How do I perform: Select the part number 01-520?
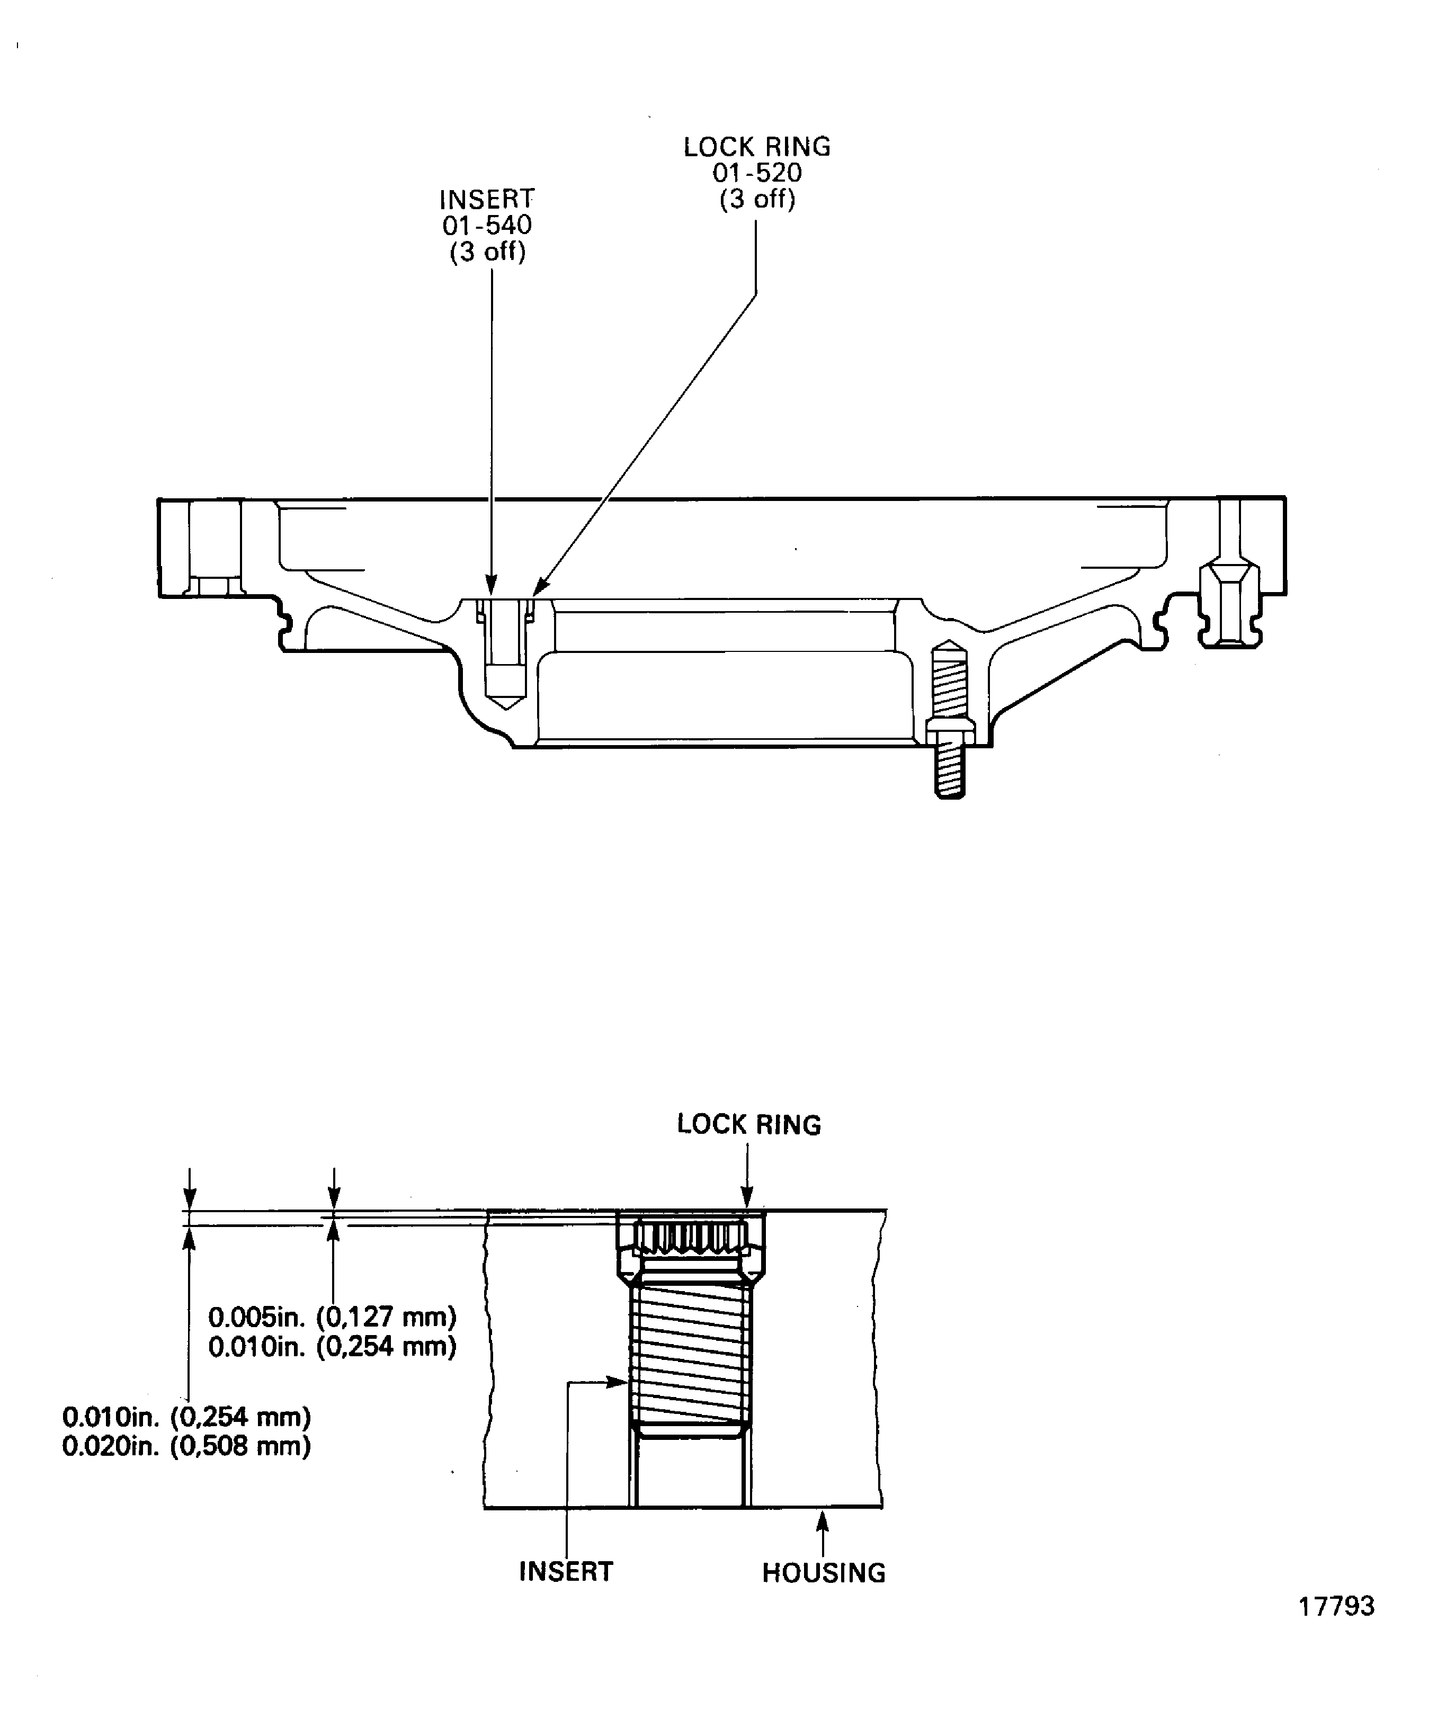point(756,173)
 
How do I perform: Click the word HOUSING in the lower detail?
point(824,1572)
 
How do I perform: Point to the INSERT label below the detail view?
point(566,1571)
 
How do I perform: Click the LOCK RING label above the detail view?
point(749,1124)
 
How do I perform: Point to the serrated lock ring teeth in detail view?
point(690,1236)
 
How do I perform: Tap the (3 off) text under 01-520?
point(756,199)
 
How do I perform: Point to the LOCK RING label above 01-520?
point(756,147)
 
